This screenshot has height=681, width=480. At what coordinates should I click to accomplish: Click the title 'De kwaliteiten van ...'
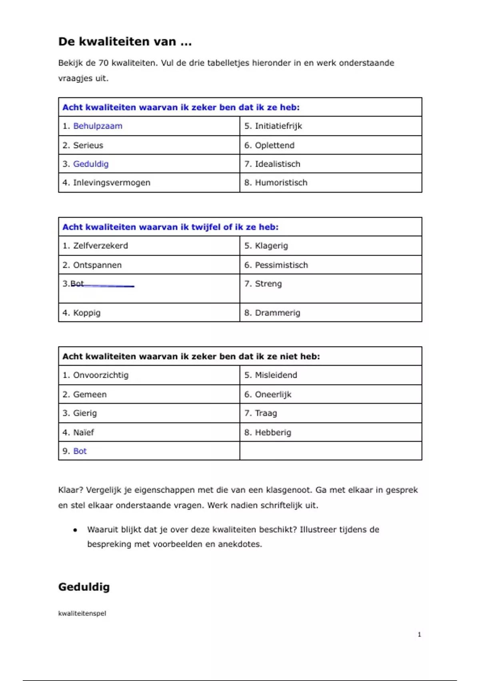tap(125, 42)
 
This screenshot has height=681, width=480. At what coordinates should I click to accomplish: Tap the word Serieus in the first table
tap(88, 145)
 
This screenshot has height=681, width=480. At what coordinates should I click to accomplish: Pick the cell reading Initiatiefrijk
tap(278, 126)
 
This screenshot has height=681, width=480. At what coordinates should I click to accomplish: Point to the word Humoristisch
tap(281, 183)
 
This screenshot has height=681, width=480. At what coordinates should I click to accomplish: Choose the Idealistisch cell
tap(278, 164)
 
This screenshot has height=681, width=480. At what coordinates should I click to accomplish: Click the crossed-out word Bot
tap(77, 284)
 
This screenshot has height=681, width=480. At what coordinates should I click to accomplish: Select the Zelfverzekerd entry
tap(100, 246)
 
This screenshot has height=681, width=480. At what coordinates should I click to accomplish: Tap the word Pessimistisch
tap(282, 265)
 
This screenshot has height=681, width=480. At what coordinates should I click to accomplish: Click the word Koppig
tap(87, 313)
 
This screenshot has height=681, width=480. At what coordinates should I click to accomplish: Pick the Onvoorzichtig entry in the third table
tap(101, 375)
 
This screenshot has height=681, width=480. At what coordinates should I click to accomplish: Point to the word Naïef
tap(84, 433)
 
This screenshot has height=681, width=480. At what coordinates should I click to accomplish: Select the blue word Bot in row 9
tap(80, 451)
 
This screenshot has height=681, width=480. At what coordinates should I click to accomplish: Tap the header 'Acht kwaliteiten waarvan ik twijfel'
tap(170, 227)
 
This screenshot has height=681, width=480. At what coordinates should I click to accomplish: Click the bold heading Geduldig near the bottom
tap(84, 587)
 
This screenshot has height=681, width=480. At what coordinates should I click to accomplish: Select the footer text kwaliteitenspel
tap(82, 613)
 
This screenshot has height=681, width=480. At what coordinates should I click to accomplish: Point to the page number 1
tap(419, 635)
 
